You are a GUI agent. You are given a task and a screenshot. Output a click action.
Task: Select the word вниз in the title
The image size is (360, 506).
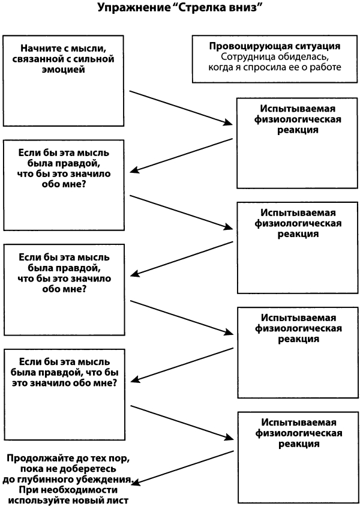pos(248,7)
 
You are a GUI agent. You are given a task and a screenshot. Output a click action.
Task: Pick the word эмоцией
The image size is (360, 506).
pos(63,70)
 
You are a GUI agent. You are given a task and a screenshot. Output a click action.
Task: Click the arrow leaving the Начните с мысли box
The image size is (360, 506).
pos(181,107)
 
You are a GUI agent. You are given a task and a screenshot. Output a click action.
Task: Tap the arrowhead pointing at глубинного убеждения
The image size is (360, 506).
pos(136,482)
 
